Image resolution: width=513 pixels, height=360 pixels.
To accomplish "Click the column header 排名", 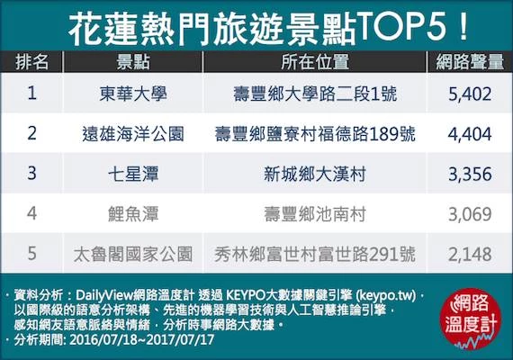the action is (31, 61).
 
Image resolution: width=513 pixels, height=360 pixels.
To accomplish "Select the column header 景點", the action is (133, 61).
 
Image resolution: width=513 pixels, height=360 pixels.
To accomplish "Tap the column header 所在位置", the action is (315, 61).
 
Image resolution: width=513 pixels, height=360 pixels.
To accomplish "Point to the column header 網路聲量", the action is (470, 61).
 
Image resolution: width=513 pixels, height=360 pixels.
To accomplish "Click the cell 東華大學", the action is (133, 94).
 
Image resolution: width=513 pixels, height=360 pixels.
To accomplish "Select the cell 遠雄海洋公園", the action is (133, 134).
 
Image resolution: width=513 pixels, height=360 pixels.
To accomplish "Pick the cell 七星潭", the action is (133, 174).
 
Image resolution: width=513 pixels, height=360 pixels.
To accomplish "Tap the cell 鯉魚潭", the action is (133, 214).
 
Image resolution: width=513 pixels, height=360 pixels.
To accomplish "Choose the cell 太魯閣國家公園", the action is (133, 254).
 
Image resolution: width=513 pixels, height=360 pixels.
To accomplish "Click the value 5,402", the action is (470, 94).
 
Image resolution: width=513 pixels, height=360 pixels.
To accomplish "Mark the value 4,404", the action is (470, 134).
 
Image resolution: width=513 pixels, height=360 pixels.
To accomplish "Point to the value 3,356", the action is (470, 174).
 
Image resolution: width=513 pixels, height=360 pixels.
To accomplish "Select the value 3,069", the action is (470, 214).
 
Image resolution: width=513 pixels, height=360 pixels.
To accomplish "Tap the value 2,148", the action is (470, 255).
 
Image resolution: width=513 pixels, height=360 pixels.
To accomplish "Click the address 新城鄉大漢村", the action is (315, 174).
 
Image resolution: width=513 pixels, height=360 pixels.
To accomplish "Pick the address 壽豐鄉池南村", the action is (315, 214).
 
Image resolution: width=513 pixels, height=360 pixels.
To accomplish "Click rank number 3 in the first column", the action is (31, 173).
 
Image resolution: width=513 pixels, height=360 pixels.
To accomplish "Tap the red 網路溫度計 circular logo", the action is (471, 319).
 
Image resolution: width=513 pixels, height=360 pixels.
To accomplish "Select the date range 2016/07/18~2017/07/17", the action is (141, 339).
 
